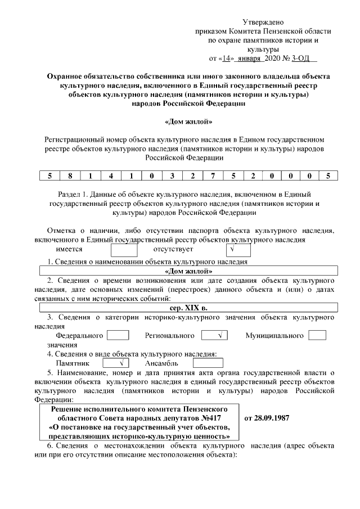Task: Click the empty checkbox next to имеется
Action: pyautogui.click(x=124, y=249)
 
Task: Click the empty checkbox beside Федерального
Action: pyautogui.click(x=118, y=335)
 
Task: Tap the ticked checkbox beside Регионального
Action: pyautogui.click(x=214, y=335)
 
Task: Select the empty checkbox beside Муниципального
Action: pyautogui.click(x=317, y=335)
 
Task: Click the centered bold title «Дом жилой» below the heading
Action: pyautogui.click(x=187, y=121)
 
